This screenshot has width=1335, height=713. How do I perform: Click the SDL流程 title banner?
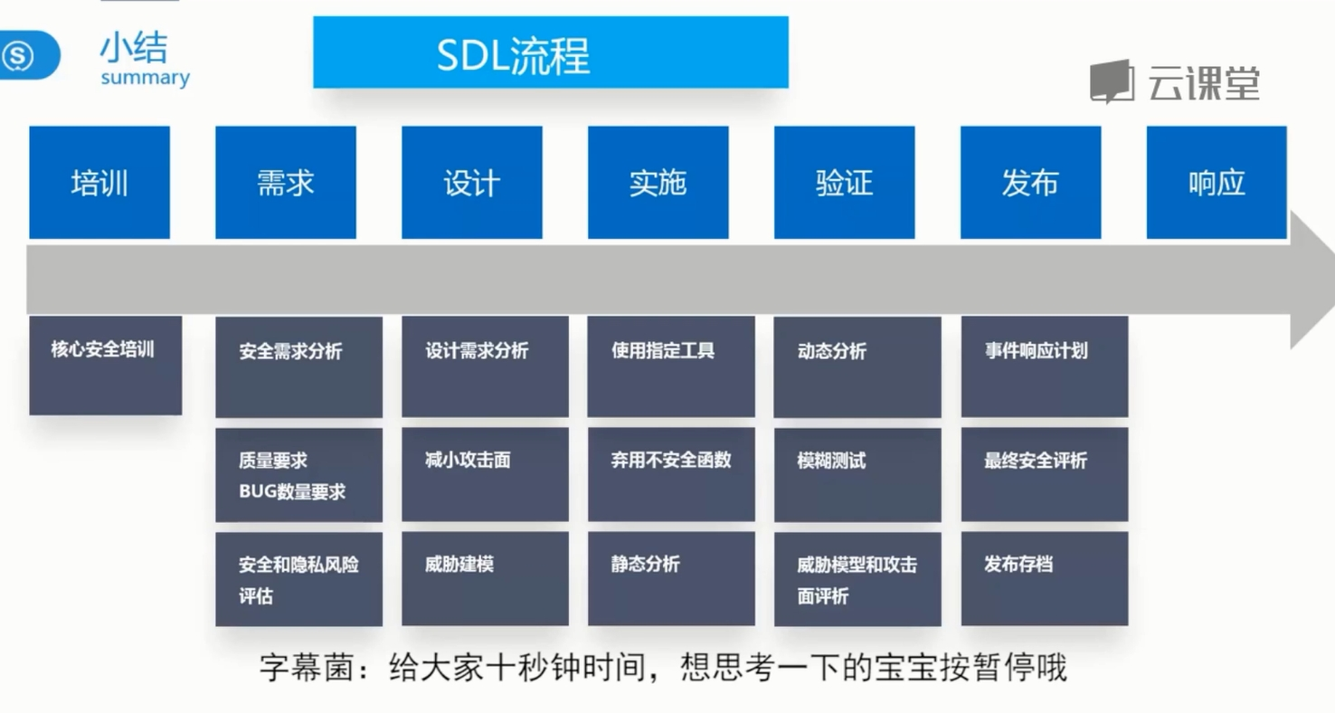click(550, 52)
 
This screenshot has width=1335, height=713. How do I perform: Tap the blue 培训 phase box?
click(99, 183)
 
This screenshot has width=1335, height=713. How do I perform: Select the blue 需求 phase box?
click(285, 183)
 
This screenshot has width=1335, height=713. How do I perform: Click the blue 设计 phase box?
click(471, 183)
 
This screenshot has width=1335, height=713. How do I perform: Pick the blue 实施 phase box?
click(658, 183)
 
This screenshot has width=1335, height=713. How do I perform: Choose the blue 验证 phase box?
click(844, 183)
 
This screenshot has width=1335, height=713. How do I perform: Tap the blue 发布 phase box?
click(1030, 183)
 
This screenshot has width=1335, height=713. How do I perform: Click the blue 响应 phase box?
click(1217, 183)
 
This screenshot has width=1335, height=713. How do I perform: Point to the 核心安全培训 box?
click(105, 365)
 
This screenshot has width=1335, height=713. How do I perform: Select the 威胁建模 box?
click(485, 578)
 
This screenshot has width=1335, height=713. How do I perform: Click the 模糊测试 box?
click(857, 474)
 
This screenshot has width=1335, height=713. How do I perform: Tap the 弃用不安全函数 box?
click(670, 474)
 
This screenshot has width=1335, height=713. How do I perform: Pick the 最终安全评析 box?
click(1044, 474)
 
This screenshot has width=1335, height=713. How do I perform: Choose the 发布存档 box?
click(1044, 578)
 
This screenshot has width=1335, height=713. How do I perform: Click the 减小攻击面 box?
click(485, 474)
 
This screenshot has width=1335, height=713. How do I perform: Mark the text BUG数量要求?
click(292, 492)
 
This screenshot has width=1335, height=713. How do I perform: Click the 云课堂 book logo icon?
click(1112, 82)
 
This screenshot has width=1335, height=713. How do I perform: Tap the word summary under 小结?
click(145, 78)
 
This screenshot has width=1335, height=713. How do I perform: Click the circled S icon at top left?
click(19, 56)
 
